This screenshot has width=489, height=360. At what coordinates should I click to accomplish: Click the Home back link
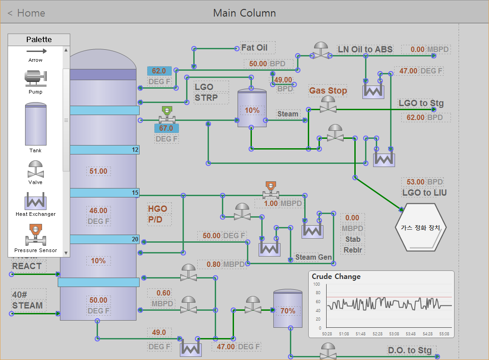pos(26,13)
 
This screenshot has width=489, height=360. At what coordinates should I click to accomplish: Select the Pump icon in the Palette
pos(35,78)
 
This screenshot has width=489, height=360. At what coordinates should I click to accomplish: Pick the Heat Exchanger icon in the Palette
pos(35,201)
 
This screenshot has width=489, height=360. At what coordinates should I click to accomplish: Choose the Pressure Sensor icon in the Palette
pos(35,235)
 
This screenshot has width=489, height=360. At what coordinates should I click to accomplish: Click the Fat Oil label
pos(254,48)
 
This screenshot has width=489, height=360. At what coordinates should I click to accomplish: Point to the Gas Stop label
pos(328,90)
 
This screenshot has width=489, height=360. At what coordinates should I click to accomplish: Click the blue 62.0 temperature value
pos(159,71)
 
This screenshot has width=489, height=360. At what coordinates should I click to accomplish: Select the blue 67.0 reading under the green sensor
pos(166,128)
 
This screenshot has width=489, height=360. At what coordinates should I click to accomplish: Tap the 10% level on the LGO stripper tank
pos(252,110)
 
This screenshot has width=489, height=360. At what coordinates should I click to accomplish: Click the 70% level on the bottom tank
pos(288,311)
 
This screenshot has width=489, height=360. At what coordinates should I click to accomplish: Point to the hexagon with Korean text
pos(421,227)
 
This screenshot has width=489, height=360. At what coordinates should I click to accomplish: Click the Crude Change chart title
pos(336,277)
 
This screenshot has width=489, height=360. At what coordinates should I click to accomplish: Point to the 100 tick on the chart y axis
pos(317,284)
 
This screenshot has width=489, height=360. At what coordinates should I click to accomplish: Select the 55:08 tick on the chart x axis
pos(444,334)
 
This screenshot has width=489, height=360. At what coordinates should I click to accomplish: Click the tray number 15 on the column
pos(135,193)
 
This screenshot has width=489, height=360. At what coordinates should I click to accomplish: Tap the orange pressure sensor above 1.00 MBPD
pos(271,190)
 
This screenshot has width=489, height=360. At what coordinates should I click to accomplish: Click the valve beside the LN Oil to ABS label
pos(321,51)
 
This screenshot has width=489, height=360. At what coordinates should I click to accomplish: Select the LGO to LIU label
pos(425,193)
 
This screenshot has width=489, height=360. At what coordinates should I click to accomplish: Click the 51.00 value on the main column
pos(98,171)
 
